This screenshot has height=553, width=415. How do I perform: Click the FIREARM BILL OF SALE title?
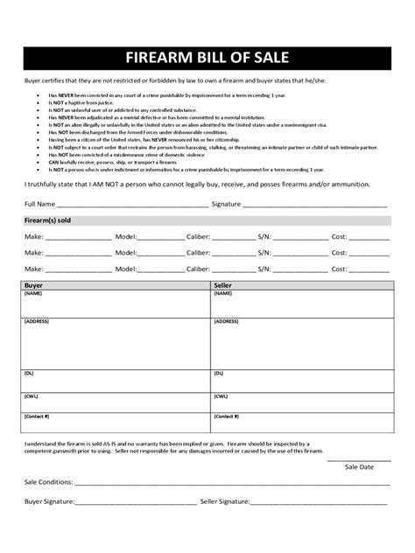pyautogui.click(x=207, y=59)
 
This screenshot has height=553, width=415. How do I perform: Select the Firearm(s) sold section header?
pyautogui.click(x=47, y=220)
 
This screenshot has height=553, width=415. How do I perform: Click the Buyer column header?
pyautogui.click(x=34, y=285)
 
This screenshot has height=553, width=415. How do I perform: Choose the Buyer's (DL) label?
pyautogui.click(x=30, y=371)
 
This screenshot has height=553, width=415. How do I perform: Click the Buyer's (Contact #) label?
pyautogui.click(x=37, y=416)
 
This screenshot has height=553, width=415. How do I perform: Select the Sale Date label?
pyautogui.click(x=359, y=467)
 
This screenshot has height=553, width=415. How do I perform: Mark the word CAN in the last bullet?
pyautogui.click(x=53, y=162)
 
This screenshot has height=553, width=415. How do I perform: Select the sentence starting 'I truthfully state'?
pyautogui.click(x=196, y=185)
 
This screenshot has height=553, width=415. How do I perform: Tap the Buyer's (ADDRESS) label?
pyautogui.click(x=37, y=321)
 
